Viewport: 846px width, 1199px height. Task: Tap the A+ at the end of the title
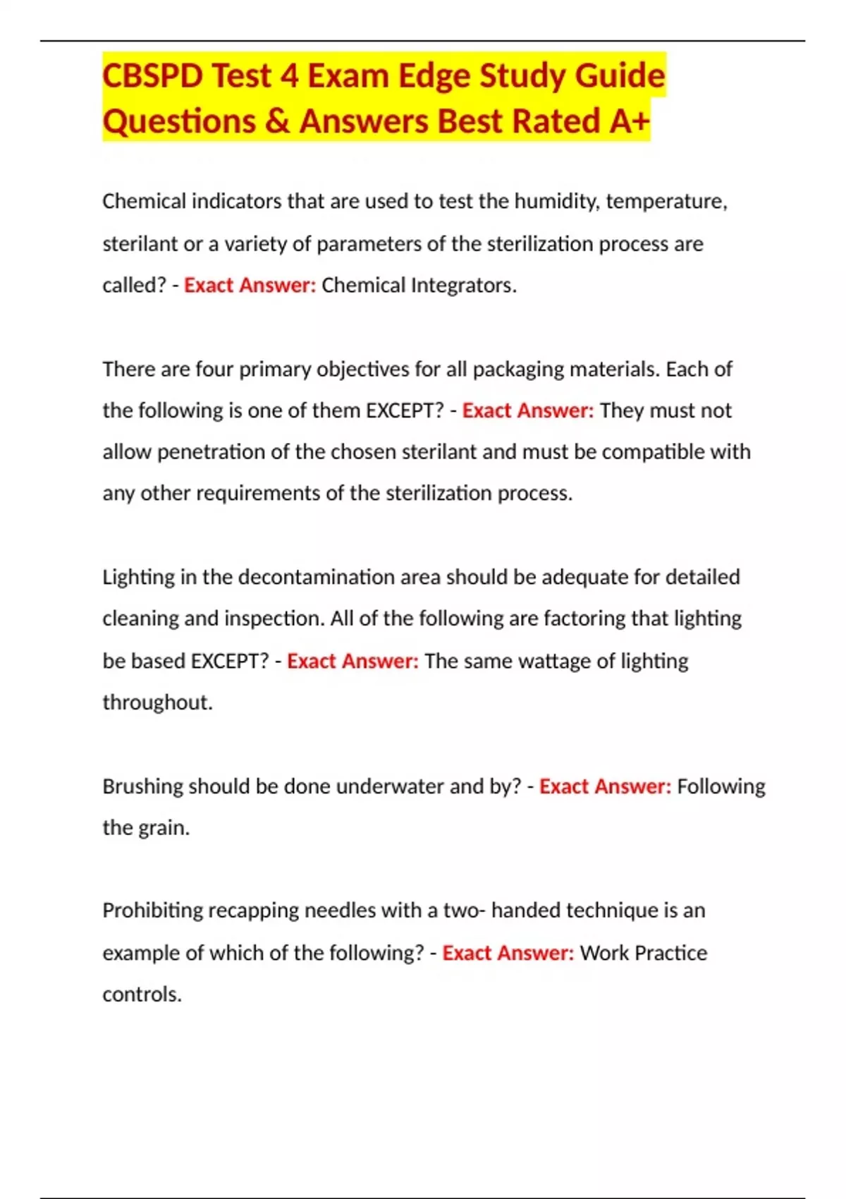(629, 121)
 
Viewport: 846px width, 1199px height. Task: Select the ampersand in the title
(278, 121)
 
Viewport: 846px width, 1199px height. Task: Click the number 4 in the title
(289, 76)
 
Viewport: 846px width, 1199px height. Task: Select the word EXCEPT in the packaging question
(403, 410)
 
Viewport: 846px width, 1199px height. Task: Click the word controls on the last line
(142, 994)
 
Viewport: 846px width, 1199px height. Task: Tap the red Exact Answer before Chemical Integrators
(250, 286)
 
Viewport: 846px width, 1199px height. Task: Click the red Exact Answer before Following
(605, 786)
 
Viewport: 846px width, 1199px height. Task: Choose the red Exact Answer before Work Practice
(508, 953)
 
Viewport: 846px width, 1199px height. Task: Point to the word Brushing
(143, 786)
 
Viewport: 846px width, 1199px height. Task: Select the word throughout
(157, 702)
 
